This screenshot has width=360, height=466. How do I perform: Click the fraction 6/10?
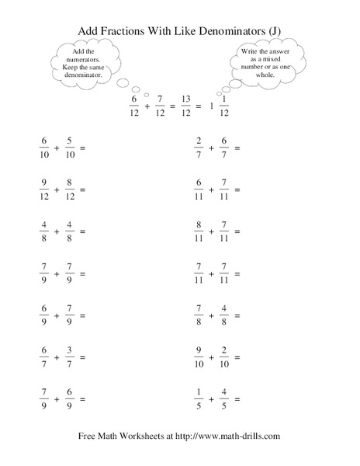tap(43, 147)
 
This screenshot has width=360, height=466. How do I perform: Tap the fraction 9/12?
tap(43, 189)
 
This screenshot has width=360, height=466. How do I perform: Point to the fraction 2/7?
tap(199, 147)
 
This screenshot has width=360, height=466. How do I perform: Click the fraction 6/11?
tap(199, 189)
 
